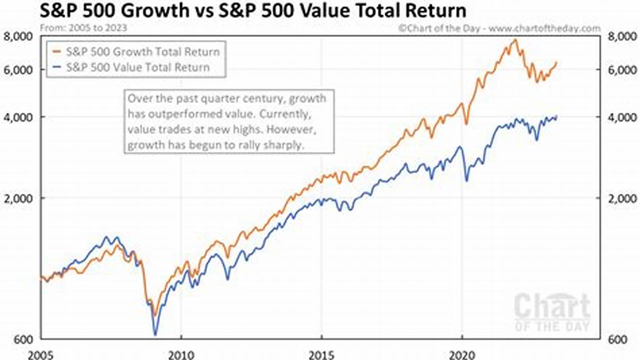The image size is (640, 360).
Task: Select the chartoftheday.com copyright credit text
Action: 499,28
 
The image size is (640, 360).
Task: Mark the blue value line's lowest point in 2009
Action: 155,334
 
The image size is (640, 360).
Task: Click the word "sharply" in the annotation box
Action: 288,146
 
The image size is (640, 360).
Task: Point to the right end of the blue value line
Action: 556,116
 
